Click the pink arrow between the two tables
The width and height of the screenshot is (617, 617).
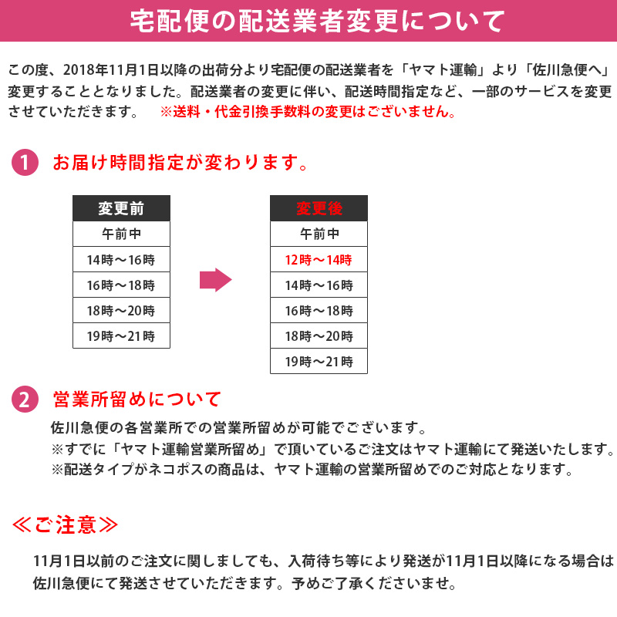pyautogui.click(x=215, y=280)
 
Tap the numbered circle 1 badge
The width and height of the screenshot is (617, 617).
pyautogui.click(x=25, y=164)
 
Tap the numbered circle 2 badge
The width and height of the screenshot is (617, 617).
pyautogui.click(x=25, y=400)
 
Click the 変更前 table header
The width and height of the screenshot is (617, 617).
pyautogui.click(x=121, y=208)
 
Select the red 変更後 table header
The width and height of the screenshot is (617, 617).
pyautogui.click(x=319, y=208)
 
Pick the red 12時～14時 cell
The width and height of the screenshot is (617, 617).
pyautogui.click(x=319, y=260)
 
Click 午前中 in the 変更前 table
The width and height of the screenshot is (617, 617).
pyautogui.click(x=121, y=234)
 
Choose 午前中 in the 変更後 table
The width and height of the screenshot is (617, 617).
pyautogui.click(x=319, y=234)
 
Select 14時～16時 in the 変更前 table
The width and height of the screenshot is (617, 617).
pyautogui.click(x=121, y=260)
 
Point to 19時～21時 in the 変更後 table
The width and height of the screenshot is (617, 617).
pyautogui.click(x=319, y=361)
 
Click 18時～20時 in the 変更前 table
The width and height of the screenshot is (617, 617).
pyautogui.click(x=121, y=311)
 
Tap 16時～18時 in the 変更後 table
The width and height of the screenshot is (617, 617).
pyautogui.click(x=319, y=311)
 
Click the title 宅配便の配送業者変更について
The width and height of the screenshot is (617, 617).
pyautogui.click(x=308, y=21)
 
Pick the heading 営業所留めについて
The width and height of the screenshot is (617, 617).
pyautogui.click(x=137, y=400)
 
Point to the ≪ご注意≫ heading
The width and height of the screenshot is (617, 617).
pyautogui.click(x=66, y=525)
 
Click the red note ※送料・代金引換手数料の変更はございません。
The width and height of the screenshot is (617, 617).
pyautogui.click(x=308, y=112)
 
